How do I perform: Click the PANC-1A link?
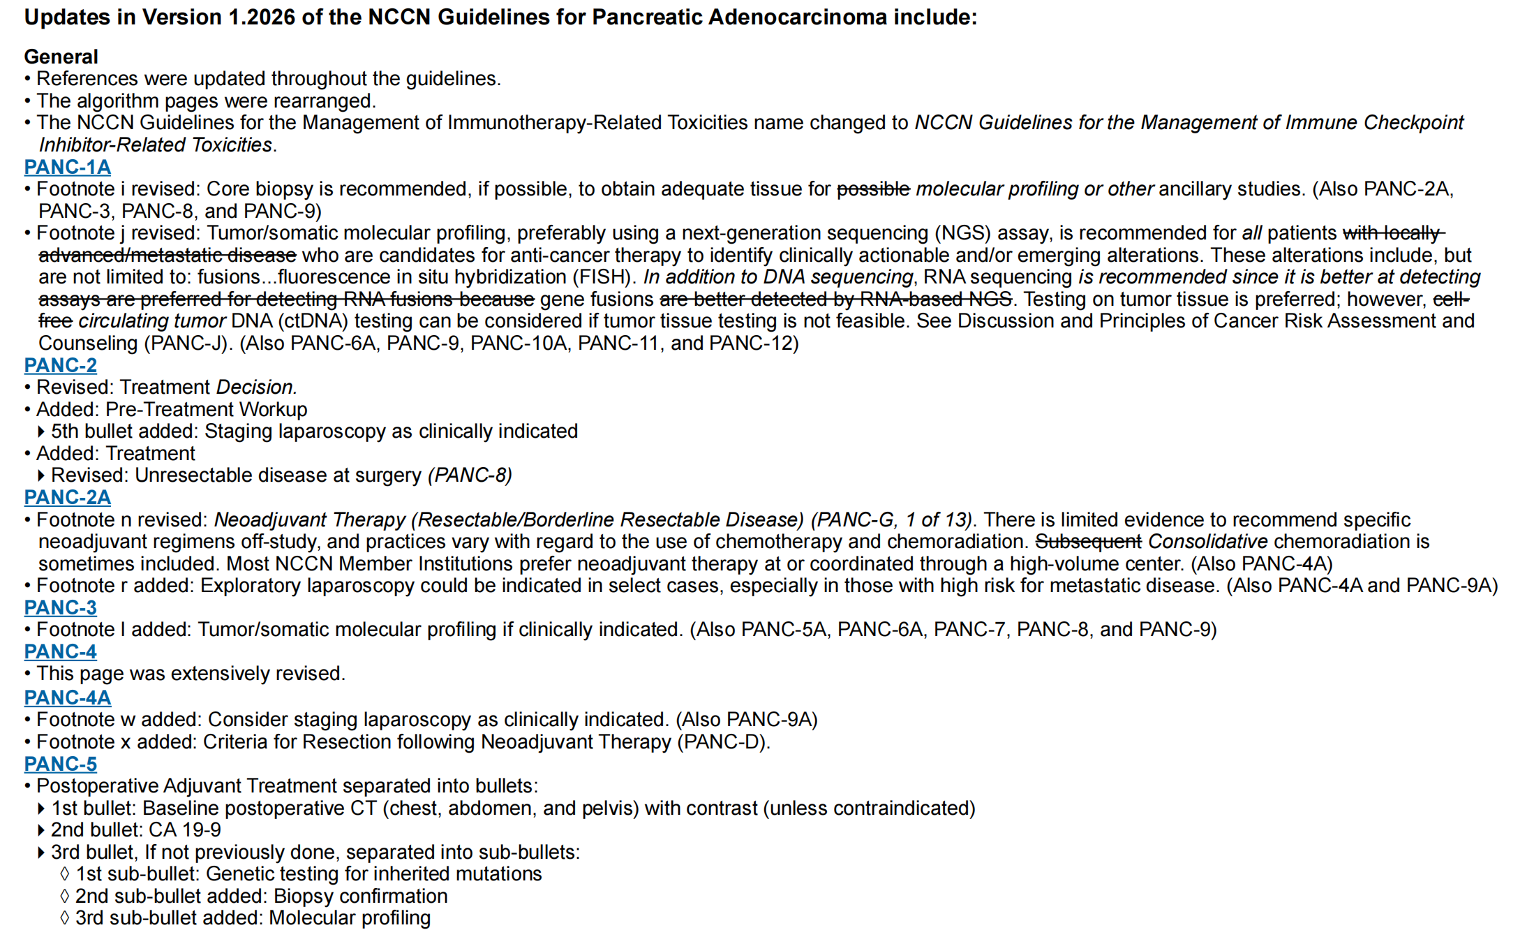coord(67,167)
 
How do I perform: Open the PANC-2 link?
coord(60,365)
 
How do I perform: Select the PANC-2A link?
coord(67,497)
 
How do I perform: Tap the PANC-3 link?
coord(60,607)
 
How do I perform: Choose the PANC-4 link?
coord(60,651)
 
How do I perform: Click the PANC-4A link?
coord(67,698)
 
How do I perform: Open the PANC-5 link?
coord(60,764)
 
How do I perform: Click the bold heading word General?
coord(61,57)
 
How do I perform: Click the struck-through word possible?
coord(873,189)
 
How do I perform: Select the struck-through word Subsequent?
coord(1088,542)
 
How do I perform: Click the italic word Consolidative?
coord(1207,542)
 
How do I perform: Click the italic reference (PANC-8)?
coord(470,475)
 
